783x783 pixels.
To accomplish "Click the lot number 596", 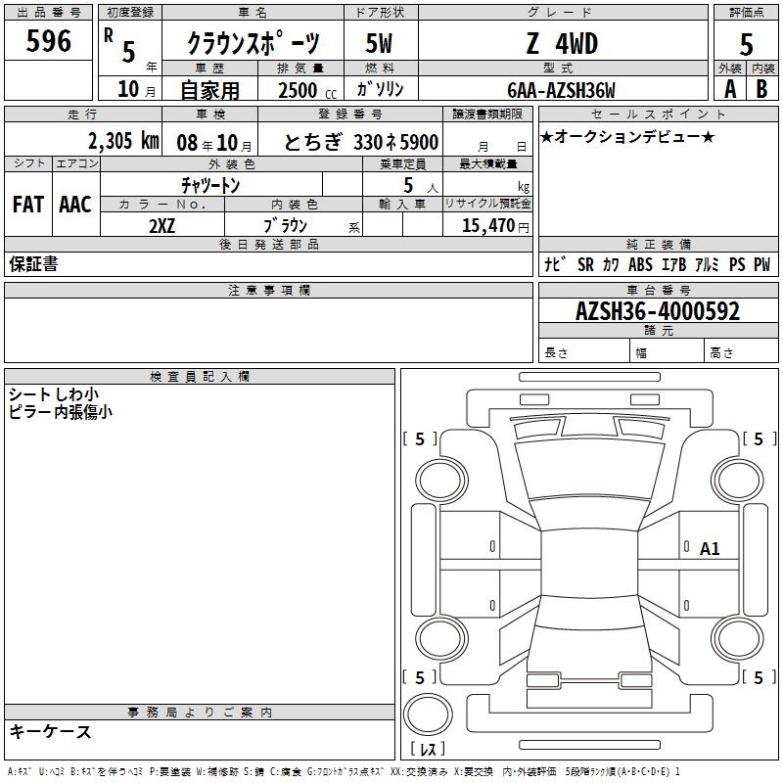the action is click(48, 40).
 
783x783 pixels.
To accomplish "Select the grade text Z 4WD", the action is click(562, 43).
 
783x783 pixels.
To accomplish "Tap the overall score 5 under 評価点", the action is click(746, 45).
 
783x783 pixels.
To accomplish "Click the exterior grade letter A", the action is click(730, 89).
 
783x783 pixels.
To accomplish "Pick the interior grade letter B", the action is click(761, 89).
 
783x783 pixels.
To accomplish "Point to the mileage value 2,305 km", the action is click(124, 141).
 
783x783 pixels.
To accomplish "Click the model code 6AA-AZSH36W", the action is click(561, 90).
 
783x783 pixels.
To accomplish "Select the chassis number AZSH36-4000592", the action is click(658, 311).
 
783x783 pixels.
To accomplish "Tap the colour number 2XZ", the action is click(161, 226).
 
